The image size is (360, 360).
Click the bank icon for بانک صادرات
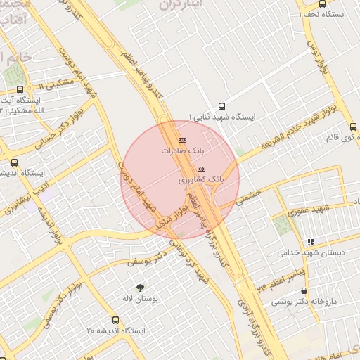[x=183, y=140]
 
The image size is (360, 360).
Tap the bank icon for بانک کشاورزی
[x=201, y=169]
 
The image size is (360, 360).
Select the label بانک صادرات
[x=181, y=150]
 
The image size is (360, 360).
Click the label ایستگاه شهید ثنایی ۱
[x=222, y=116]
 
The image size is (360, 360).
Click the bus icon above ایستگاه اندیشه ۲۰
[x=115, y=320]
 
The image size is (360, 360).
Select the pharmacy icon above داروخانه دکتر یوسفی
[x=304, y=290]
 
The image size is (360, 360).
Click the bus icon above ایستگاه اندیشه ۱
[x=15, y=162]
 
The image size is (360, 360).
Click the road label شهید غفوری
[x=311, y=209]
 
